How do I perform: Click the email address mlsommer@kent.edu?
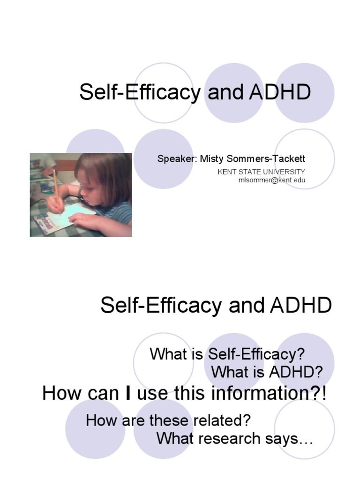[x=272, y=180]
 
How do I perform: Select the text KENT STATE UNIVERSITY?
[x=261, y=172]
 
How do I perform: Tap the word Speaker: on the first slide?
[x=177, y=158]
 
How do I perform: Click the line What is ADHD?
[x=267, y=372]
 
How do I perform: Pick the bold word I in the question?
[x=128, y=393]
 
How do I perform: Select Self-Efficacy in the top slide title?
[x=139, y=92]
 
